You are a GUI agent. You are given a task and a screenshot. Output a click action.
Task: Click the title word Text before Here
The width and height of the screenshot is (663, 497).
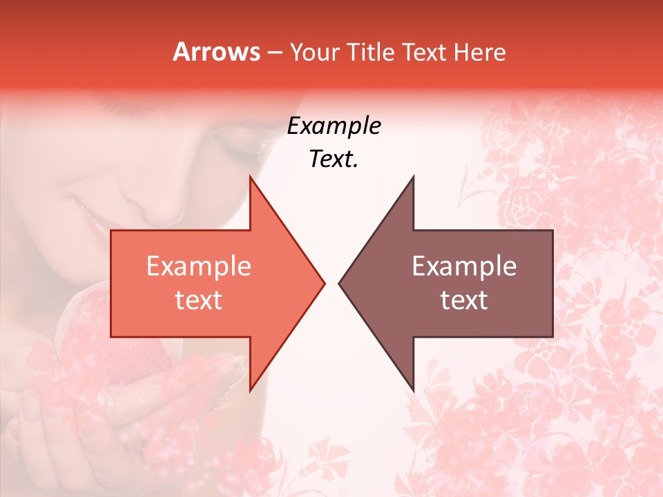pyautogui.click(x=427, y=52)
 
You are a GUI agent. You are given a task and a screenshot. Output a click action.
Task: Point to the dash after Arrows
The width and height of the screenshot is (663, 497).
pyautogui.click(x=275, y=53)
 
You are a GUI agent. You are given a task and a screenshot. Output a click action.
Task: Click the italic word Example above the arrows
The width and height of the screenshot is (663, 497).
pyautogui.click(x=334, y=126)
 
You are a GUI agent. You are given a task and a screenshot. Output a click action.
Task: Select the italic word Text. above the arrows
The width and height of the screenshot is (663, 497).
pyautogui.click(x=334, y=159)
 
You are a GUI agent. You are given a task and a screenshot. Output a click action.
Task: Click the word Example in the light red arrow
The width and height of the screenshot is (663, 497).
pyautogui.click(x=199, y=266)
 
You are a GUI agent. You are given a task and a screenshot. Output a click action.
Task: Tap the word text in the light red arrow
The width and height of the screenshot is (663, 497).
pyautogui.click(x=199, y=300)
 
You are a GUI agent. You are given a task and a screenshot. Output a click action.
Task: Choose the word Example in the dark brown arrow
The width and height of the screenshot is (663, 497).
pyautogui.click(x=464, y=266)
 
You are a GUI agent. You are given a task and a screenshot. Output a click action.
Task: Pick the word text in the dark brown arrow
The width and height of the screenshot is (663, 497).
pyautogui.click(x=464, y=300)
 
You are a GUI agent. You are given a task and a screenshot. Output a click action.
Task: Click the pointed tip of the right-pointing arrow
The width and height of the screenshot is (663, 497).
pyautogui.click(x=324, y=283)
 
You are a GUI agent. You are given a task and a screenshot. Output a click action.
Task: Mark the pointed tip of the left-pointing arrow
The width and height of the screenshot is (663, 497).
pyautogui.click(x=339, y=283)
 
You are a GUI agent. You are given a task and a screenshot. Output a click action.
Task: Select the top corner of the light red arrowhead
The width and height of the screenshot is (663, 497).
pyautogui.click(x=250, y=177)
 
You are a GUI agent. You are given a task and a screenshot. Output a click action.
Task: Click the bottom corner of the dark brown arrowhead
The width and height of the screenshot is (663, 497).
pyautogui.click(x=413, y=391)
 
